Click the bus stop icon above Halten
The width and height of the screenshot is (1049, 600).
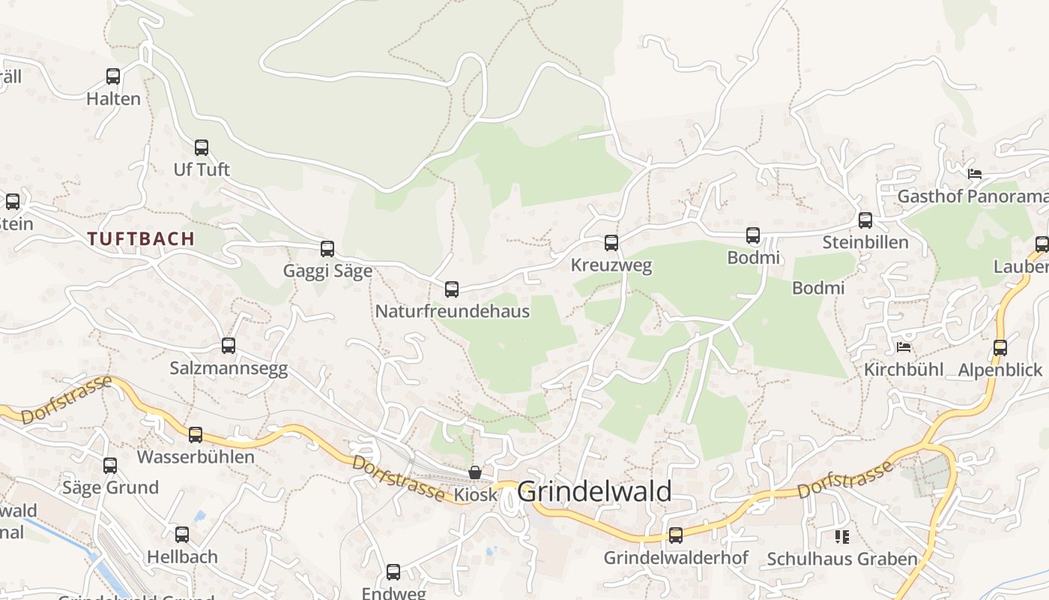(x=113, y=76)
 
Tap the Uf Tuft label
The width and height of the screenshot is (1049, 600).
(x=202, y=169)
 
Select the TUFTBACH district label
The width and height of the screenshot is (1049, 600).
(x=141, y=239)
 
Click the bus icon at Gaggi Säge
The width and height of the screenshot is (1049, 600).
(x=327, y=249)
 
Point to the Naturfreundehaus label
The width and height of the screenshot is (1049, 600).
(x=452, y=311)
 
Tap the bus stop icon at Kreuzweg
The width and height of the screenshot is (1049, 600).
(x=611, y=243)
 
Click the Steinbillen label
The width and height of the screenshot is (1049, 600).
(x=865, y=242)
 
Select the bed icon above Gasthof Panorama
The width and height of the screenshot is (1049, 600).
(x=974, y=174)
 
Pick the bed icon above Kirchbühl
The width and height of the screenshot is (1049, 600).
(x=904, y=347)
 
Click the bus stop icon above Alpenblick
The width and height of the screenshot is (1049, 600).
(x=1000, y=347)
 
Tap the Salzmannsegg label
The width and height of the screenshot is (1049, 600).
(x=229, y=368)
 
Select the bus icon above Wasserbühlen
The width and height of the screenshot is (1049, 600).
(x=196, y=434)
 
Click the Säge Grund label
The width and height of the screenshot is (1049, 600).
(x=110, y=487)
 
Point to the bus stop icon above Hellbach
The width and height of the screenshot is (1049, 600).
(x=182, y=535)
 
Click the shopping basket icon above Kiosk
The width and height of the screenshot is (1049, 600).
(x=475, y=472)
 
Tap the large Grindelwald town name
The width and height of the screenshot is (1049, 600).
(x=594, y=492)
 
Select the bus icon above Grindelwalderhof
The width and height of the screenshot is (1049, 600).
(x=676, y=535)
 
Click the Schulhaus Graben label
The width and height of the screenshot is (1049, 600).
(x=842, y=559)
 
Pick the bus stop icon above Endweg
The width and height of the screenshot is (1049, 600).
(x=393, y=572)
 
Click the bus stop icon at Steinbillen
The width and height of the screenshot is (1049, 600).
(x=865, y=220)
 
